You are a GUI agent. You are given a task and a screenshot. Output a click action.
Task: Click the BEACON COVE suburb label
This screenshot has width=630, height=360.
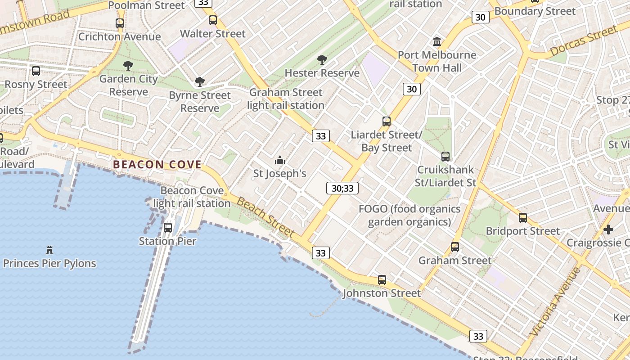coord(157,165)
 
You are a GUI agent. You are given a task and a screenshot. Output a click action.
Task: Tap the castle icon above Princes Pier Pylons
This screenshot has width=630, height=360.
coord(49,250)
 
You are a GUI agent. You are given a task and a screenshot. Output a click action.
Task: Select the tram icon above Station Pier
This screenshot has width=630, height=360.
coord(168,228)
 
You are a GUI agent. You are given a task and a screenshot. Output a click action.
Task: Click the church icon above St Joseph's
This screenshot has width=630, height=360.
coord(280,160)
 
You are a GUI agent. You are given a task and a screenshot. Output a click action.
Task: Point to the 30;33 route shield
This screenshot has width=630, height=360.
coord(342,188)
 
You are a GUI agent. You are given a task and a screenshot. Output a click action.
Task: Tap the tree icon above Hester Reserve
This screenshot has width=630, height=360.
coord(322,59)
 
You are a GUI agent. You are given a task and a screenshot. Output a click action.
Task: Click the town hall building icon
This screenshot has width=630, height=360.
coord(436,42)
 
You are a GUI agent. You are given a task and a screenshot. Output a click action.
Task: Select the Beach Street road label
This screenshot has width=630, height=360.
coord(265,217)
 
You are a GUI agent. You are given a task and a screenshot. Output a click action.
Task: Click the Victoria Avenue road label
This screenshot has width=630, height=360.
coord(555,302)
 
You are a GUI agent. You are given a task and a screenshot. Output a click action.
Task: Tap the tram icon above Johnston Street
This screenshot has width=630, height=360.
coord(382,280)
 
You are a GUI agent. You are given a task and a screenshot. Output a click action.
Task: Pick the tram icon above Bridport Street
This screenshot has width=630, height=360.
coord(522,218)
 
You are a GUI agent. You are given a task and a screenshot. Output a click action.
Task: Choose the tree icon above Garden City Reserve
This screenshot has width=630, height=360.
coord(128,66)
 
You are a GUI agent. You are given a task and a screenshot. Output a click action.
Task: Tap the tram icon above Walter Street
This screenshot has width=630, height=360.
coord(213,20)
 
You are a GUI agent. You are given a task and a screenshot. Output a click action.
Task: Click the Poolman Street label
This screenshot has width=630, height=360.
coord(147,5)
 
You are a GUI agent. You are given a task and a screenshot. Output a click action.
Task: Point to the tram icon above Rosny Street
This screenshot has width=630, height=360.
coord(36,71)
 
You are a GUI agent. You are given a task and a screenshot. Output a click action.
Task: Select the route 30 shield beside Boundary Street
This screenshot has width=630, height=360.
coord(480,18)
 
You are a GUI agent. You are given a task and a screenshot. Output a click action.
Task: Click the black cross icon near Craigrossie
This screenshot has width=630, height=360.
coord(608,229)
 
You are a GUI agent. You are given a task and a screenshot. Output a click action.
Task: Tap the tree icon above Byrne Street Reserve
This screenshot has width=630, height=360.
coord(199,82)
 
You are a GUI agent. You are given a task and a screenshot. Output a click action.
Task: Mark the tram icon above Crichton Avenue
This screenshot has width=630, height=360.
coord(119,23)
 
